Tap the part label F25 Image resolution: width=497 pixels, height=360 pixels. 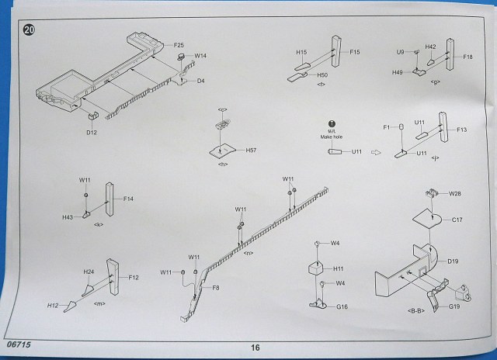pyautogui.click(x=179, y=45)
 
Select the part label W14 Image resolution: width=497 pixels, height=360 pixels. pyautogui.click(x=200, y=56)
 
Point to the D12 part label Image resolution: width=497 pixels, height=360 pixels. pyautogui.click(x=91, y=133)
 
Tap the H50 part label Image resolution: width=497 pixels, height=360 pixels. pyautogui.click(x=321, y=75)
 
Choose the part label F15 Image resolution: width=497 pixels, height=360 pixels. pyautogui.click(x=355, y=52)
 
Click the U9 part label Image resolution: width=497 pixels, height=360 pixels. pyautogui.click(x=401, y=52)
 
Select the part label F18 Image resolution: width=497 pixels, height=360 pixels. pyautogui.click(x=467, y=57)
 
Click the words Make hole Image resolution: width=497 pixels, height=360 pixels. pyautogui.click(x=331, y=136)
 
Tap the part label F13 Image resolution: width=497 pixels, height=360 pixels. pyautogui.click(x=461, y=130)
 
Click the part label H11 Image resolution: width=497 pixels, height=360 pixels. pyautogui.click(x=338, y=268)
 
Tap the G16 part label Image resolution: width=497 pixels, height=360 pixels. pyautogui.click(x=341, y=307)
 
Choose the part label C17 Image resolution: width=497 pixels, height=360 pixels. pyautogui.click(x=457, y=220)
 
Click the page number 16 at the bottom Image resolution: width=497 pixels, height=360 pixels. pyautogui.click(x=255, y=348)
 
